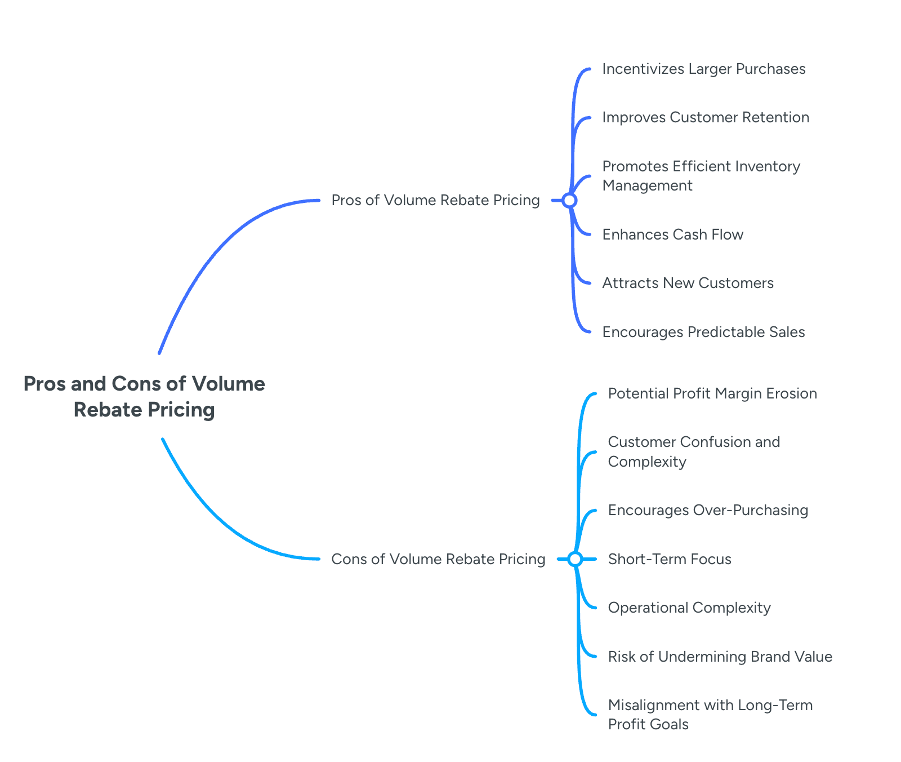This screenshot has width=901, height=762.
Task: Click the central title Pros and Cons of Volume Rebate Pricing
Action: coord(144,396)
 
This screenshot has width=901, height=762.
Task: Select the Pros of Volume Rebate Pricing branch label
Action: coord(435,200)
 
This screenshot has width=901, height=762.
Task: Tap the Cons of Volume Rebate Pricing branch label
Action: coord(438,559)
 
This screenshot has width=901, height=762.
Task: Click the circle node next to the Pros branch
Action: coord(569,200)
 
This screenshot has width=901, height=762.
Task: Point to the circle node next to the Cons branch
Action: coord(575,559)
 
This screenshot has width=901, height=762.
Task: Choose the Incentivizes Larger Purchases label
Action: coord(704,69)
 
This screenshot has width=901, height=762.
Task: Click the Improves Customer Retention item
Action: coord(706,117)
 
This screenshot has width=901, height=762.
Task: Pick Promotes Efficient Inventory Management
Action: coord(701,176)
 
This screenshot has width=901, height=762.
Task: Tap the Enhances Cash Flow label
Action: coord(673,234)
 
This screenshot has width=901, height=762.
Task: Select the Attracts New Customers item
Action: coord(688,283)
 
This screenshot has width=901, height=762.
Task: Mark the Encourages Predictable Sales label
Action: coord(703,332)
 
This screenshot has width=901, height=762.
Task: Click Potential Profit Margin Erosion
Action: coord(712,393)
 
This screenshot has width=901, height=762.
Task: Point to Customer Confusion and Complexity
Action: coord(694,451)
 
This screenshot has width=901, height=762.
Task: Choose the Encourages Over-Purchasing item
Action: coord(708,510)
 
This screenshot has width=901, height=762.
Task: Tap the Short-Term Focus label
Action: coord(670,559)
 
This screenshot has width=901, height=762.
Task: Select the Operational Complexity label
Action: coord(689,608)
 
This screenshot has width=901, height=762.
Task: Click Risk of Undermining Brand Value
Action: coord(720,657)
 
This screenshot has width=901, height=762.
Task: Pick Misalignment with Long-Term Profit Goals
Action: coord(710,715)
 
